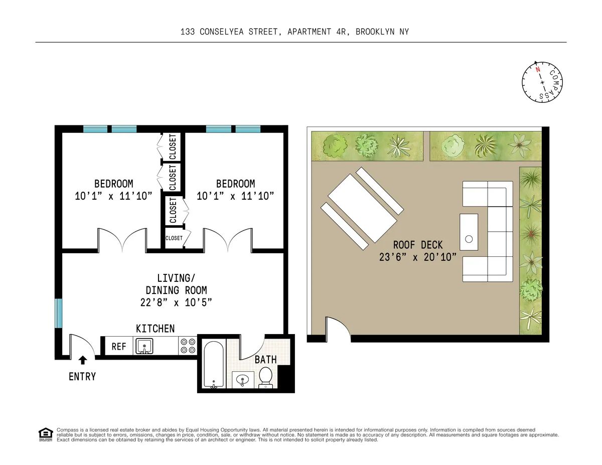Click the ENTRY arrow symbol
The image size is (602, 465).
[x=82, y=360]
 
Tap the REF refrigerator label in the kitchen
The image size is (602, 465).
[x=118, y=346]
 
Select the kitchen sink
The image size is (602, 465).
[x=144, y=346]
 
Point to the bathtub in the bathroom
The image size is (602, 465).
[x=214, y=364]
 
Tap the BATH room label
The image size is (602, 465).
[x=265, y=360]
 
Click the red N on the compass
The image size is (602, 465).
[x=537, y=70]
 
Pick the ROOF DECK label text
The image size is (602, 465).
[x=418, y=245]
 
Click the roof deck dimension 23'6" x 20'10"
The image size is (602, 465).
[x=418, y=257]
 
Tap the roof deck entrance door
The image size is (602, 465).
[x=335, y=329]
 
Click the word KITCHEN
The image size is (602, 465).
[x=156, y=329]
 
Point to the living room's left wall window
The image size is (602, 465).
[x=59, y=314]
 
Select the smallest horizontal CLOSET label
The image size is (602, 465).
[x=174, y=238]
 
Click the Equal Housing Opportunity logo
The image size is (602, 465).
[x=46, y=434]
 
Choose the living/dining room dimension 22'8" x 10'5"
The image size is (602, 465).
[x=176, y=302]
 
